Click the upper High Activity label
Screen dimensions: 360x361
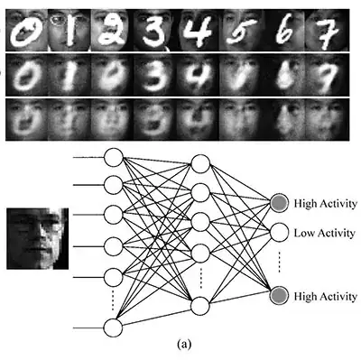pos(326,204)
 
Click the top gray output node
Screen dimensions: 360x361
pos(280,204)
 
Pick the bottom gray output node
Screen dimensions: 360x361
pos(280,296)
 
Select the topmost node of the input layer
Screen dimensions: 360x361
pos(114,158)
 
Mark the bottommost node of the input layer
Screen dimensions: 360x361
pos(114,327)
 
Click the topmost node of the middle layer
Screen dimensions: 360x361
pos(199,166)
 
